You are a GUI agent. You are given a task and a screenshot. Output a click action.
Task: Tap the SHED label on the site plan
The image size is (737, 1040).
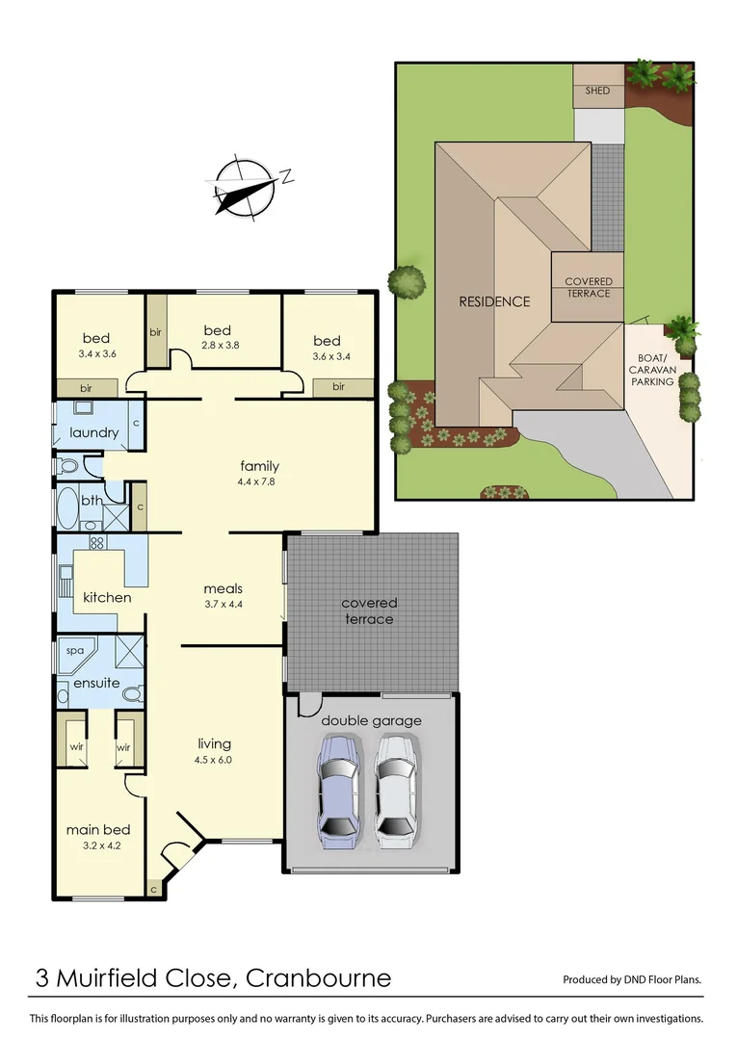(597, 91)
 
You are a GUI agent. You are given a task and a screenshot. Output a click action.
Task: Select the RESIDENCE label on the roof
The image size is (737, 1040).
(493, 301)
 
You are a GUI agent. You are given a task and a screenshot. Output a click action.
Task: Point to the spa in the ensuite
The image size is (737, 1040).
(75, 651)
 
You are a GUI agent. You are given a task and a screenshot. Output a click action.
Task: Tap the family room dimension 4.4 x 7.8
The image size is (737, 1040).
(259, 481)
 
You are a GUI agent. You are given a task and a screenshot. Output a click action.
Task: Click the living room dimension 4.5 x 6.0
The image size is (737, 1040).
(215, 759)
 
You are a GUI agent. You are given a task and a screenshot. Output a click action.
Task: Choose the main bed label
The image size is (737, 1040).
(98, 830)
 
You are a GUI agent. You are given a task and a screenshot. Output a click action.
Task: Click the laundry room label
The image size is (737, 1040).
(93, 432)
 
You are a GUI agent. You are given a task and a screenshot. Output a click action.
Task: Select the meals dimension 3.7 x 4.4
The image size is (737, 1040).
(223, 604)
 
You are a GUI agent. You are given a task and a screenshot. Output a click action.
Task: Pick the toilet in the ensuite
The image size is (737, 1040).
(133, 692)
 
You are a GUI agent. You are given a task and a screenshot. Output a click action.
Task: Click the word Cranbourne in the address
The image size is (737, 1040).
(319, 979)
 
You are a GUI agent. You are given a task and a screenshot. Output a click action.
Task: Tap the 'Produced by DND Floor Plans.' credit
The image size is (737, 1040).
(632, 980)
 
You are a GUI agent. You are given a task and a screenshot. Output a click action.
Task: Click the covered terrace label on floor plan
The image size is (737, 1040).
(369, 611)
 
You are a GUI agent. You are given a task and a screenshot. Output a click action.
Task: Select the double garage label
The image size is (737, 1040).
(371, 720)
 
